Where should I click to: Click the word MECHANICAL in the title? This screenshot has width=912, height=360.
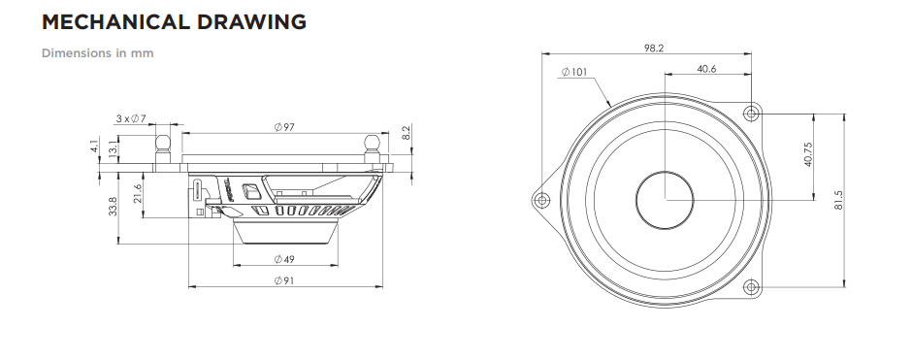tap(115, 22)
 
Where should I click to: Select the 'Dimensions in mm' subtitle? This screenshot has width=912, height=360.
tap(98, 53)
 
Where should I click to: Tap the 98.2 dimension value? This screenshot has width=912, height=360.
tap(654, 49)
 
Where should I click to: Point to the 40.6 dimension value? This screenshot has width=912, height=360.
tap(706, 69)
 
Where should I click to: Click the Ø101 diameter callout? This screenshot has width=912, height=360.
tap(574, 72)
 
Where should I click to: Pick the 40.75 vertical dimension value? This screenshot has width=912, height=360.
tap(808, 154)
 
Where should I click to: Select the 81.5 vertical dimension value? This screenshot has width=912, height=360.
tap(838, 200)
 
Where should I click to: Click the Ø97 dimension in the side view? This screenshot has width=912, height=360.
tap(284, 127)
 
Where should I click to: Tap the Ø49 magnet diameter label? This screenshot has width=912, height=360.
tap(284, 259)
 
